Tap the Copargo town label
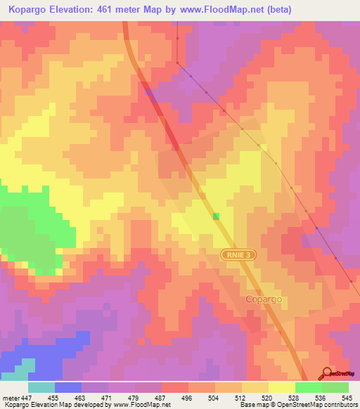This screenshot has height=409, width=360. (x=264, y=299)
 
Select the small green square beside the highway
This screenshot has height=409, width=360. (x=216, y=216)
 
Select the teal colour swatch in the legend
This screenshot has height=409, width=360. (x=41, y=387)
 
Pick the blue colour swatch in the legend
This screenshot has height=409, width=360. (x=68, y=387)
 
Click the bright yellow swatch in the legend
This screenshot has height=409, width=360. (x=282, y=387)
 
